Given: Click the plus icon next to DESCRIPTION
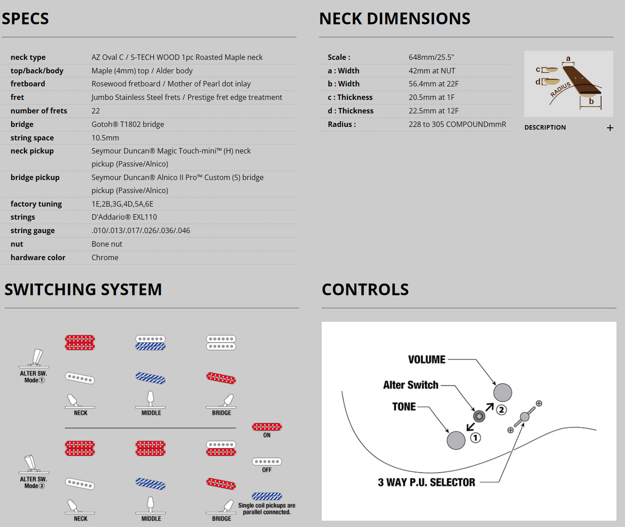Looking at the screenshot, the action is (610, 128).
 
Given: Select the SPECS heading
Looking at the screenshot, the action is (25, 18).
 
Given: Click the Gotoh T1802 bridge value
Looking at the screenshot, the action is (128, 124).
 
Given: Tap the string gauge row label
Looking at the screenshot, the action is (33, 230).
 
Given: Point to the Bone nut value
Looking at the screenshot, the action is (107, 244).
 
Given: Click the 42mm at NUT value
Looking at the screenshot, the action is (432, 71).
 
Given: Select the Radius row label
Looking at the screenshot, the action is (342, 124).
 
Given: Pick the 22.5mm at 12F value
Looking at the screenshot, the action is (434, 111).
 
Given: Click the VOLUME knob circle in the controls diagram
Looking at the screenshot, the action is (503, 392).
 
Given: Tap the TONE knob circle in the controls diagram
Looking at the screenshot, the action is (456, 440).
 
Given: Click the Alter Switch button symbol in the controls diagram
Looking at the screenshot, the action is (479, 416).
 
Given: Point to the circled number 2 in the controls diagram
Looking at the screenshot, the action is (501, 410).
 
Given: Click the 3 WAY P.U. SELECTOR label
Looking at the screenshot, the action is (426, 482).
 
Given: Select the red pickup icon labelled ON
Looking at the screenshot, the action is (267, 427).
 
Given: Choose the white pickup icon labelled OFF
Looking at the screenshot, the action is (267, 461).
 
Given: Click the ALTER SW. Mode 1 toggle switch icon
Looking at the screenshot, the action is (34, 358).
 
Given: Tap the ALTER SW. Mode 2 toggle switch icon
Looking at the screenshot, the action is (34, 464).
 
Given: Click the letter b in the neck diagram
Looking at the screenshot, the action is (591, 101).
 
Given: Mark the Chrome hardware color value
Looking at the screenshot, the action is (105, 257).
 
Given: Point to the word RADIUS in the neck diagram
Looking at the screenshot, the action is (561, 90).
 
